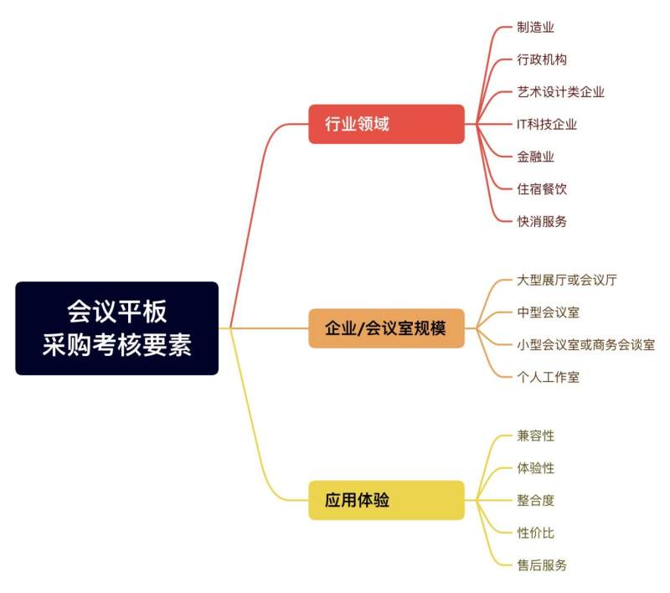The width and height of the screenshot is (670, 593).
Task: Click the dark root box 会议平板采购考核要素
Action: (x=116, y=328)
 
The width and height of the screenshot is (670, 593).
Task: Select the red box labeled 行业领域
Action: (x=386, y=124)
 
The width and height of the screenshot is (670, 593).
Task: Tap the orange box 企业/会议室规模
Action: (x=386, y=328)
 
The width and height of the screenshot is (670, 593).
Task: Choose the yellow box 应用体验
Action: (x=386, y=500)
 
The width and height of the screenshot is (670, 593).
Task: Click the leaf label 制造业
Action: (x=535, y=28)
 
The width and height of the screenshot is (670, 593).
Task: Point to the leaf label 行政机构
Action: (x=542, y=59)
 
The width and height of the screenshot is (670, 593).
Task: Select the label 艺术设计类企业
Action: (x=560, y=92)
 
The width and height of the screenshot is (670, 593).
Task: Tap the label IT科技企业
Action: (x=547, y=124)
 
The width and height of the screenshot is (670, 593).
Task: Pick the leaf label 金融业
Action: (x=535, y=157)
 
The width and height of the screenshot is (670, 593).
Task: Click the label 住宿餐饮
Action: (x=542, y=188)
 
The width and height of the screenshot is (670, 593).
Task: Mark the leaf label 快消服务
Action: (x=542, y=221)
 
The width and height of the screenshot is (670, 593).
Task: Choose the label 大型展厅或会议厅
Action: (x=567, y=281)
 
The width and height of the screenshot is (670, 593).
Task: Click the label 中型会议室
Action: (x=549, y=312)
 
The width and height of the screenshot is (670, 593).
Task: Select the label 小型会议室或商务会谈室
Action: (x=585, y=345)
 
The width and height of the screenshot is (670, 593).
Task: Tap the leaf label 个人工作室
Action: (x=549, y=377)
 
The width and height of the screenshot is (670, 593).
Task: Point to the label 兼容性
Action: (x=535, y=436)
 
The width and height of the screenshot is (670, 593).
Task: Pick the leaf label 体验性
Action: (x=535, y=468)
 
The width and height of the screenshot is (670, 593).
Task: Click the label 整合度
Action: (x=535, y=500)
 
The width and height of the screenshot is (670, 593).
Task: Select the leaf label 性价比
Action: (x=535, y=533)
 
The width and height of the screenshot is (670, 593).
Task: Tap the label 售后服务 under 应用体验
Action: (x=542, y=565)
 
